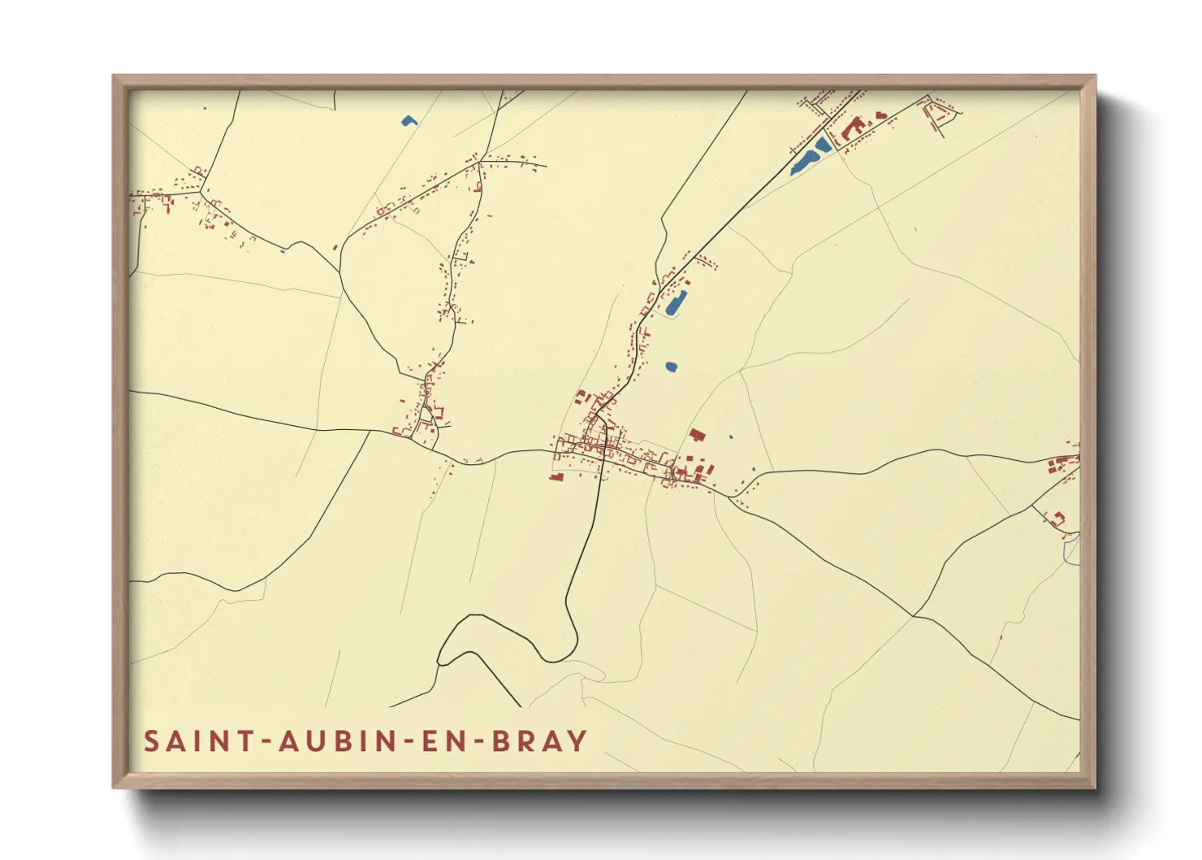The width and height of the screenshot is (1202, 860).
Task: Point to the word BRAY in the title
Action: click(x=540, y=741)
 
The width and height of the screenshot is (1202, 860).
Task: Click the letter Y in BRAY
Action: click(x=577, y=741)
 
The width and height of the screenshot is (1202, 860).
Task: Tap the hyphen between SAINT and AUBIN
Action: click(x=265, y=741)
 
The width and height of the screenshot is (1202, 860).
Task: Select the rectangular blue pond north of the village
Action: click(x=676, y=302)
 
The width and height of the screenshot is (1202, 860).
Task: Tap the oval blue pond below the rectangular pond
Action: click(x=671, y=367)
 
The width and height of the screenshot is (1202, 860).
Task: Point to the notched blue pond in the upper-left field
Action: click(x=408, y=122)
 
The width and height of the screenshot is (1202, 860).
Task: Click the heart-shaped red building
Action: click(x=881, y=115)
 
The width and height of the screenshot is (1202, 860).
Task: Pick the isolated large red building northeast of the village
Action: click(x=696, y=435)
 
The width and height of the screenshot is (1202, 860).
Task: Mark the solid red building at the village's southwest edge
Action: click(x=556, y=476)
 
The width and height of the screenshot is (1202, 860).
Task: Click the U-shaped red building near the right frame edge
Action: click(x=1057, y=517)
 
